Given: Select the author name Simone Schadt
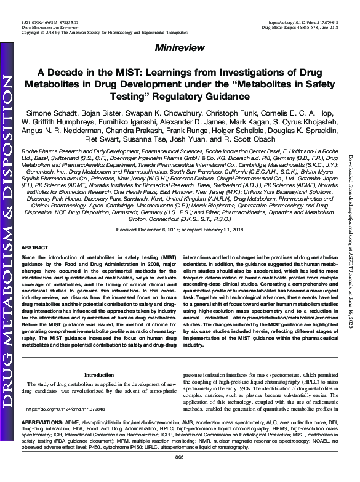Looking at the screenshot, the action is tap(52, 115).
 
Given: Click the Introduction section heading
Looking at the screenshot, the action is tap(99, 374).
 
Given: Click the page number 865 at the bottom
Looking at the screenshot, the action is tap(180, 473).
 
